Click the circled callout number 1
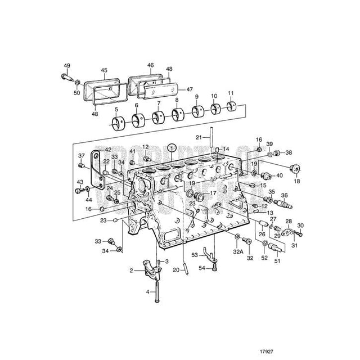172,147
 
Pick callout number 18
297,182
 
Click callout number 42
108,150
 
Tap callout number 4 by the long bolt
148,292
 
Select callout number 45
104,71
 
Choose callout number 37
82,156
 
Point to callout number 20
176,269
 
